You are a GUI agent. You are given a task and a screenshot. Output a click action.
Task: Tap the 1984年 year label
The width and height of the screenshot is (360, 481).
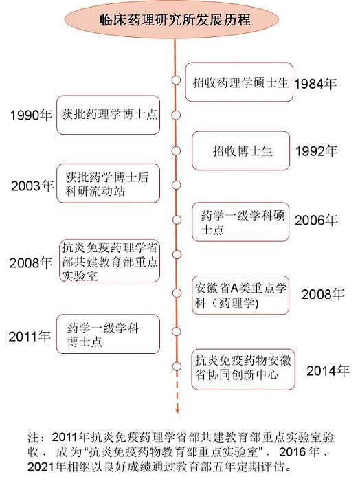(x=315, y=84)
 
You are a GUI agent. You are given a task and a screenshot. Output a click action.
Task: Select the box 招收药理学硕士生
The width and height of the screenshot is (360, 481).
(x=239, y=82)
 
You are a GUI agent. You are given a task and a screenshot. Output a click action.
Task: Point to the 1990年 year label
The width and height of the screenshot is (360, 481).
(x=31, y=115)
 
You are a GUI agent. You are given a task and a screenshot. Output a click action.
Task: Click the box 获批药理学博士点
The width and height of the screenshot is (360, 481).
(x=109, y=115)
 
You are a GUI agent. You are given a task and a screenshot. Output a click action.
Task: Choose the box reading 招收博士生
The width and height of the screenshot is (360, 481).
(x=241, y=150)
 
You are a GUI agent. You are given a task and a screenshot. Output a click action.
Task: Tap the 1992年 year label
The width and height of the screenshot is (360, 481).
(x=317, y=151)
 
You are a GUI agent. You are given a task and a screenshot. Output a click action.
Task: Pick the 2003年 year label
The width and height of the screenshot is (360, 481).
(x=32, y=186)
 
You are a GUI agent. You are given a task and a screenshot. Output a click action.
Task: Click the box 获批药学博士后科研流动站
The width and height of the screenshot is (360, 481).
(x=109, y=183)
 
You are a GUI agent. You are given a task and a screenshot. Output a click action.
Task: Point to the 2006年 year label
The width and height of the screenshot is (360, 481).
(x=316, y=220)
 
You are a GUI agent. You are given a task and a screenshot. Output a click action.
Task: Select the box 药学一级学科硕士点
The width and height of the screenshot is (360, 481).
(x=240, y=222)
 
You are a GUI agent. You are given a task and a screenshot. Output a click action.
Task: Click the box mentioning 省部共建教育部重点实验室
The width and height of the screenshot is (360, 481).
(x=110, y=261)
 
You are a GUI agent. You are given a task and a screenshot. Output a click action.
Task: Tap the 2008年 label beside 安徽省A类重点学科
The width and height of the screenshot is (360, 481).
(x=323, y=294)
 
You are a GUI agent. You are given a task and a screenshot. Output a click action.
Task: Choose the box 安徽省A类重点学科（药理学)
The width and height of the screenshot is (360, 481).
(x=240, y=295)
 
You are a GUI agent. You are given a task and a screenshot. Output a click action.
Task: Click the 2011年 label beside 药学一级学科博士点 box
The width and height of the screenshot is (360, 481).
(x=30, y=337)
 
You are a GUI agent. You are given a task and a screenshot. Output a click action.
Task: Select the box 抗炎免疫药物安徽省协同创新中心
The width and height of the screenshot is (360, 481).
(x=243, y=370)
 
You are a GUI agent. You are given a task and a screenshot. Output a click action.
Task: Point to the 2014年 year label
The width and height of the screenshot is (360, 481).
(x=328, y=371)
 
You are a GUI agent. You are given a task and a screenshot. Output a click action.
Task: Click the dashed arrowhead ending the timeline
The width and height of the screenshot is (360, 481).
(x=177, y=410)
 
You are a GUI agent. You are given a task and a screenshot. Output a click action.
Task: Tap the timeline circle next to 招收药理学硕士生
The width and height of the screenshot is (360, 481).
(x=176, y=80)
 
